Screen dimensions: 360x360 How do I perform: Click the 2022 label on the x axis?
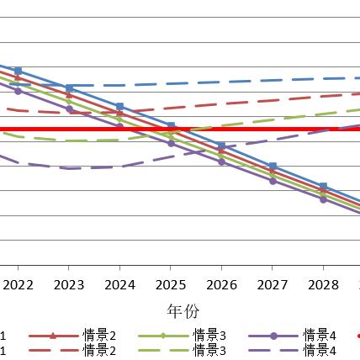tap(19, 285)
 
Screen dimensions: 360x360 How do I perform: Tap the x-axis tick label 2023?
tap(69, 285)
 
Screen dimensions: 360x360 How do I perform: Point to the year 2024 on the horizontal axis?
tap(119, 285)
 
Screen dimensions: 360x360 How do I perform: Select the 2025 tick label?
tap(170, 285)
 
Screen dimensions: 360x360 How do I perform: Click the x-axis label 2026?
tap(221, 285)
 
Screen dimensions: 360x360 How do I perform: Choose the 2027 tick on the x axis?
tap(272, 285)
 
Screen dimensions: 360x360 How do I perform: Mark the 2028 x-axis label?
tap(322, 285)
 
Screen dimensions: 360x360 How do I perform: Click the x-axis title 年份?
tap(183, 311)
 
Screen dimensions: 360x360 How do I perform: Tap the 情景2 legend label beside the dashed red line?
tap(99, 350)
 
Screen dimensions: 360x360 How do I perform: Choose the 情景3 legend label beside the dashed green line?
tap(209, 350)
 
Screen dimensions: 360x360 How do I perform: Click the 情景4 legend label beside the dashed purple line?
tap(320, 350)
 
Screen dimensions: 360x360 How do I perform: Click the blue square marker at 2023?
tap(69, 87)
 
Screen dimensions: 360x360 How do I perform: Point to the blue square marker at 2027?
tap(272, 167)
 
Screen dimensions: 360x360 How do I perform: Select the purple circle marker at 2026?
tap(221, 161)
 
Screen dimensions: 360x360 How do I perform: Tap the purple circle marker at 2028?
tap(322, 199)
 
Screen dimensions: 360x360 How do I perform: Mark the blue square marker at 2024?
tap(119, 107)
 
